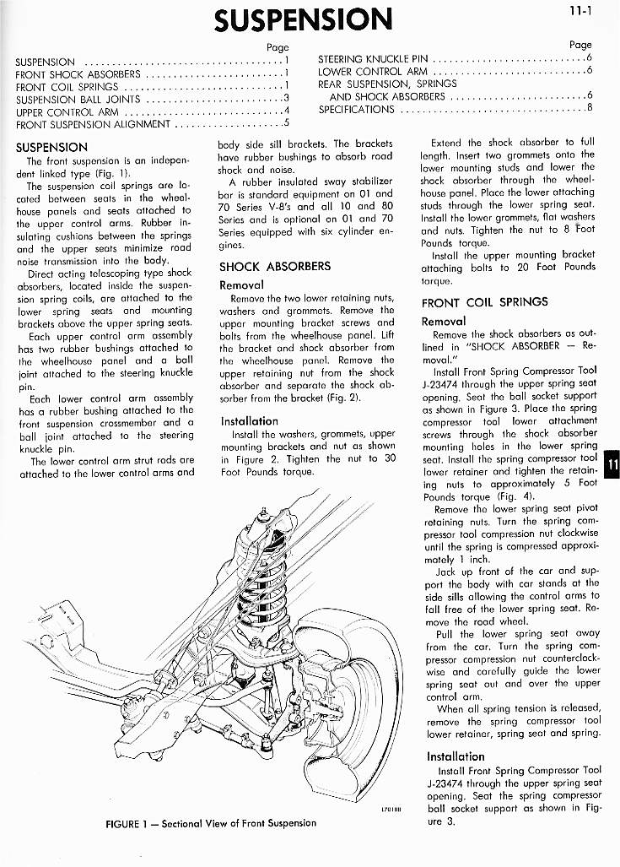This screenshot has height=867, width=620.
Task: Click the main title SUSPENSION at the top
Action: [303, 19]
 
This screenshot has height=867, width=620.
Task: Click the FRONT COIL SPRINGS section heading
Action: [484, 301]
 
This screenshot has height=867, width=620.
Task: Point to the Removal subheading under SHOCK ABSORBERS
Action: [241, 285]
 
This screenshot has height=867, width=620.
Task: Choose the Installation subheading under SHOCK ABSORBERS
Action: [249, 420]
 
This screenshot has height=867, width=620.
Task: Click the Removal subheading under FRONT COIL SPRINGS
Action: [444, 321]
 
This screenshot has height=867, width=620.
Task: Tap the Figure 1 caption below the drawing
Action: [211, 823]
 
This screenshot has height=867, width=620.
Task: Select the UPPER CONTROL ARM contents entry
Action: [67, 111]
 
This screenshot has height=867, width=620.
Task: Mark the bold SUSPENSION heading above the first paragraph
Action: [51, 147]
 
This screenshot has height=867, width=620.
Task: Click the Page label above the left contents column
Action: [278, 47]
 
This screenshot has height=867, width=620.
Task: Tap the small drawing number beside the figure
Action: [393, 809]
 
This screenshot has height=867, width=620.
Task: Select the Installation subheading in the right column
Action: [456, 756]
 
